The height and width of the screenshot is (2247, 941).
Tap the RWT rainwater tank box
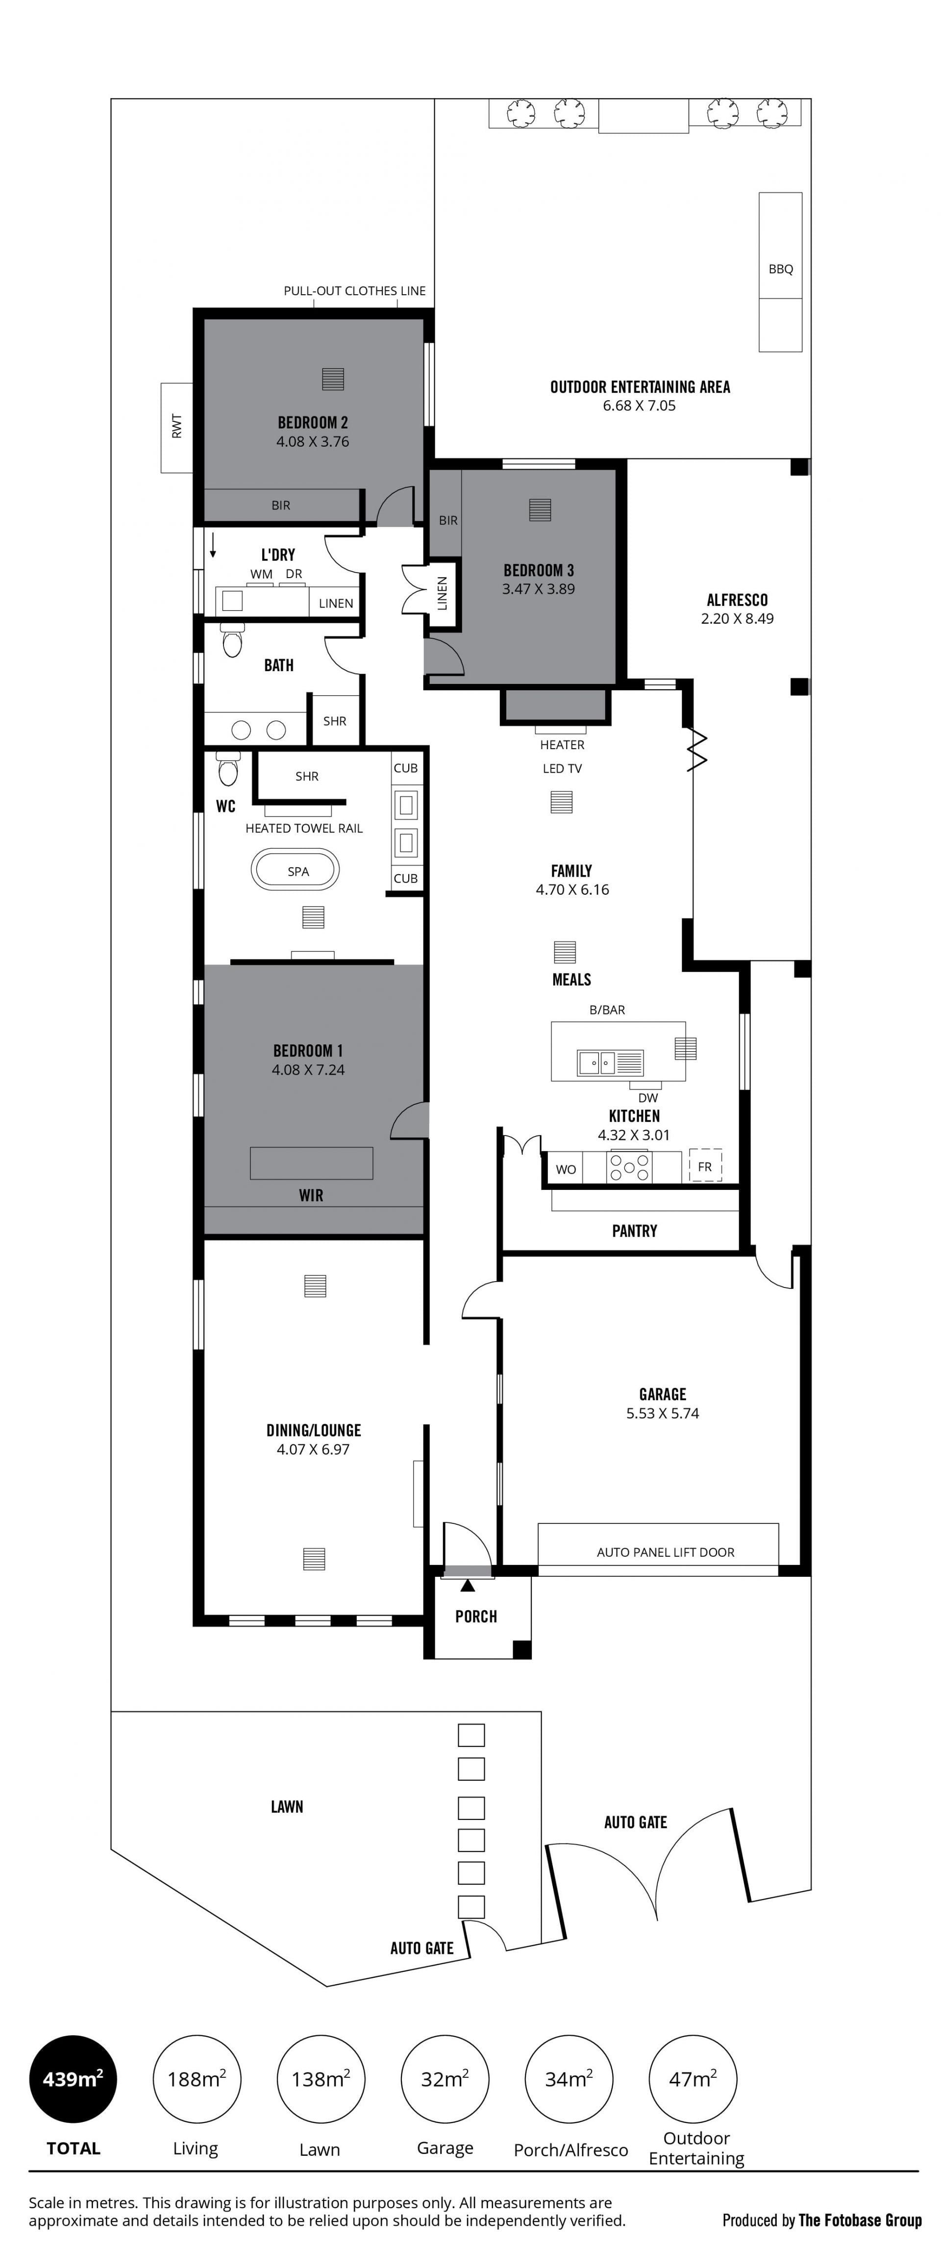[x=177, y=428]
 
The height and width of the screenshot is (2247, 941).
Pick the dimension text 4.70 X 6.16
[x=572, y=890]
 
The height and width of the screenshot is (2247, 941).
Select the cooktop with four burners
[x=630, y=1167]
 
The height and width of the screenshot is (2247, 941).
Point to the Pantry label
[x=634, y=1231]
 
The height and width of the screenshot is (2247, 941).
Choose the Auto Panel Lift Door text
[x=666, y=1552]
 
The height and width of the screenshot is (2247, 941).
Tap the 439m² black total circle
[x=73, y=2079]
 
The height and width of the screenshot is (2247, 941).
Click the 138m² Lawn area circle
[x=320, y=2079]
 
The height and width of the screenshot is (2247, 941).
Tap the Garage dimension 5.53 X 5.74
[x=663, y=1413]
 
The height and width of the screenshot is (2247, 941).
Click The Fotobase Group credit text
[x=860, y=2220]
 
